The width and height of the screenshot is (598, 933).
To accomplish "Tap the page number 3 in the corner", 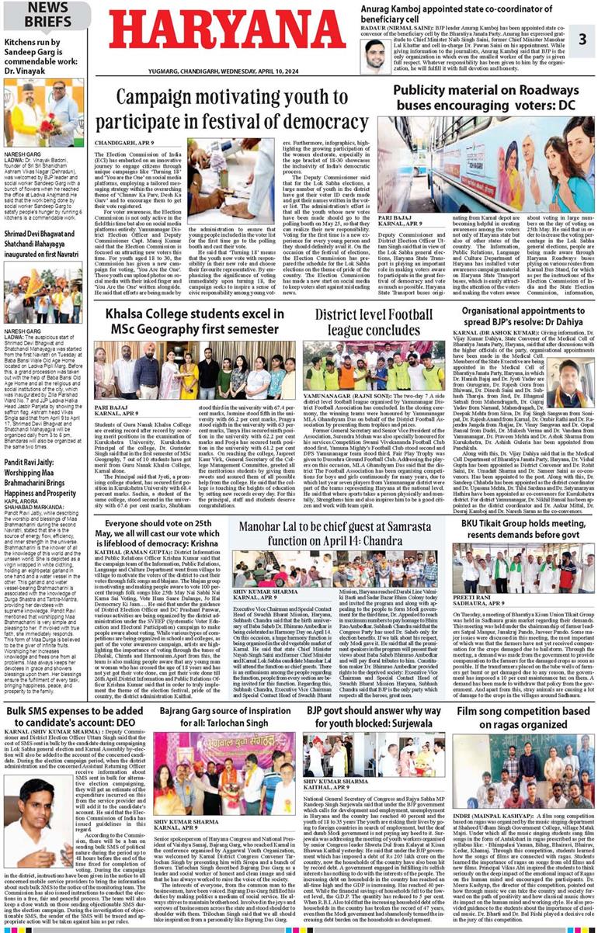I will (581, 40).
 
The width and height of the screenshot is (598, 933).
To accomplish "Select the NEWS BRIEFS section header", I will (44, 14).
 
